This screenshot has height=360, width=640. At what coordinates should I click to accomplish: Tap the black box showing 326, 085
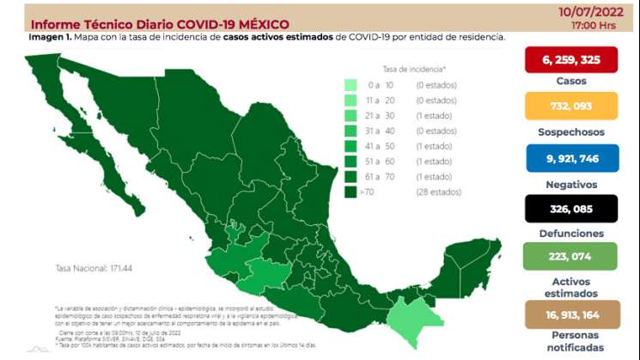[570, 208]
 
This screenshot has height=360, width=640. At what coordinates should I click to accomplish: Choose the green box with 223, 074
[570, 256]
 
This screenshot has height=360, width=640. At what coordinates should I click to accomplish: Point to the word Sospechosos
[570, 132]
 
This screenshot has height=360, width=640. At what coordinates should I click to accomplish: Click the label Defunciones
[570, 233]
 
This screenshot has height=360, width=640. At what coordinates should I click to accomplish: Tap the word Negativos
[570, 183]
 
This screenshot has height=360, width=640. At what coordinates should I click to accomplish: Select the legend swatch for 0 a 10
[350, 85]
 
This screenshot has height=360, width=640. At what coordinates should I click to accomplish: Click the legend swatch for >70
[350, 192]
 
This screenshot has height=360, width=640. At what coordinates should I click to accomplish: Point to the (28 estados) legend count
[438, 192]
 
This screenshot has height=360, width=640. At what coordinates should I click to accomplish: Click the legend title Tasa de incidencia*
[414, 68]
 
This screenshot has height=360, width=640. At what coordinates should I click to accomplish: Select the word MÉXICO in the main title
[259, 24]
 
